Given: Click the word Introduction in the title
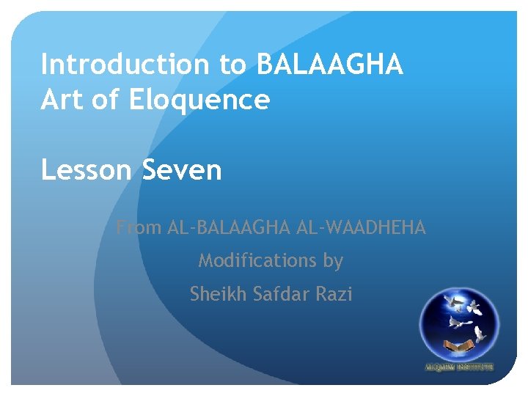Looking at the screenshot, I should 125,65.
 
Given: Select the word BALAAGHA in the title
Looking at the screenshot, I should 329,65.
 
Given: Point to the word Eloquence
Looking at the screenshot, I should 199,99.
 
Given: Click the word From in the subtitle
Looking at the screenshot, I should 139,228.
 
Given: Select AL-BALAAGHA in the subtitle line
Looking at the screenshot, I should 230,228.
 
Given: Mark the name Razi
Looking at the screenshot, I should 334,294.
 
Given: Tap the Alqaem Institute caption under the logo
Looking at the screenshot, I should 459,367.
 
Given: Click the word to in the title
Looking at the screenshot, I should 234,65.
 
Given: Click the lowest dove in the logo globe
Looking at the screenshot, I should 479,334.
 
